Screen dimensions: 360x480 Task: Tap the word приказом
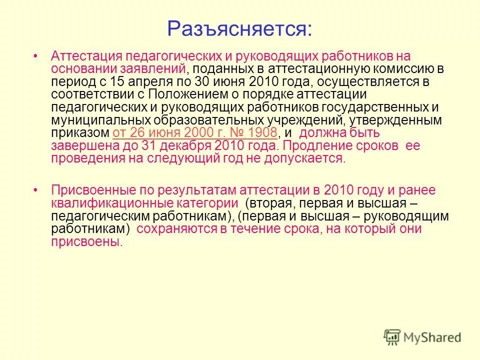80,133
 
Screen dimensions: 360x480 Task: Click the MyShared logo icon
392,337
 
